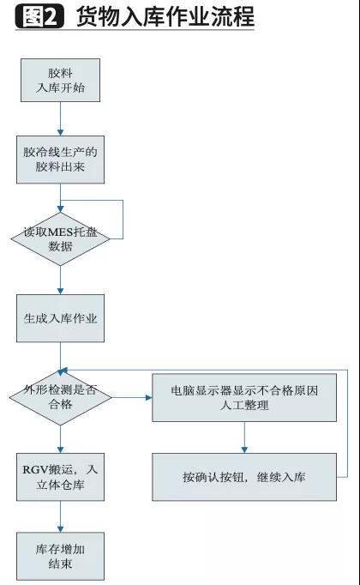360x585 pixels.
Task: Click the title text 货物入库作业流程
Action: (165, 17)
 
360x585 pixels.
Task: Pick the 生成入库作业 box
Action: (60, 318)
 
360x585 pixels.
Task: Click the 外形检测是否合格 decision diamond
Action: (60, 396)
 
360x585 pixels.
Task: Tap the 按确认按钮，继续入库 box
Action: (244, 478)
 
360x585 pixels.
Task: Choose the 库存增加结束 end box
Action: (60, 555)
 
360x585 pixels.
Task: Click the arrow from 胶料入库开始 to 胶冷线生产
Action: (60, 119)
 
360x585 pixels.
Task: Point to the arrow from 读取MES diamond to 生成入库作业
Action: (60, 280)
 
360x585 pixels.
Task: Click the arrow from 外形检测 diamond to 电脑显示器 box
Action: (132, 397)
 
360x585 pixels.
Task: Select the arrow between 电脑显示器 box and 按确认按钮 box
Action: (244, 437)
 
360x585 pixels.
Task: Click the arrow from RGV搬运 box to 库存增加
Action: (60, 516)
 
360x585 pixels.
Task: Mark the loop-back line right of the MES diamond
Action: (123, 220)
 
